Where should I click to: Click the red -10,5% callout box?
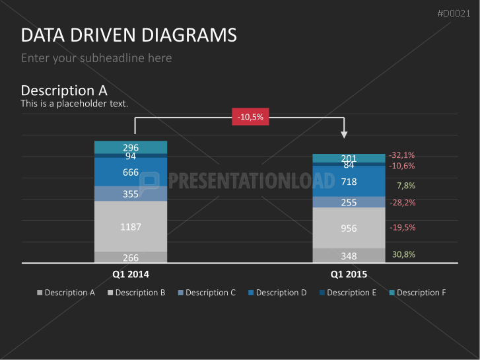click(x=250, y=117)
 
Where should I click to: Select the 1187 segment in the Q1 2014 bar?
click(x=131, y=227)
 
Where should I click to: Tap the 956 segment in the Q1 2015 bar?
click(x=349, y=228)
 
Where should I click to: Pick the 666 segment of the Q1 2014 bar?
click(x=131, y=172)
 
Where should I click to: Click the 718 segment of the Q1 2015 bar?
click(x=349, y=182)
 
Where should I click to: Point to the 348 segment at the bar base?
click(x=349, y=256)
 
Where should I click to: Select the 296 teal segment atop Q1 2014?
click(x=131, y=147)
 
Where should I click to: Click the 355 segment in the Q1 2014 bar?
click(x=131, y=194)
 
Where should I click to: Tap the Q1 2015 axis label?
click(x=349, y=274)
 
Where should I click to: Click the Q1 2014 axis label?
click(x=131, y=274)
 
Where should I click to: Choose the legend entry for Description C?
click(x=207, y=293)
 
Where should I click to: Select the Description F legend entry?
click(x=417, y=293)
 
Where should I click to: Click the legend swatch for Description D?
click(x=251, y=293)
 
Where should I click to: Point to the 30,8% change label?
click(x=403, y=254)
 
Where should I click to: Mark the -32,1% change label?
click(x=401, y=155)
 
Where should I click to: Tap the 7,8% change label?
click(x=406, y=186)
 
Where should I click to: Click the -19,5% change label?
click(x=403, y=227)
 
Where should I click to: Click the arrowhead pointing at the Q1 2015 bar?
click(x=344, y=135)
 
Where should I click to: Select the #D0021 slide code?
click(x=454, y=13)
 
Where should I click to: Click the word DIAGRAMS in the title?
click(x=189, y=35)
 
